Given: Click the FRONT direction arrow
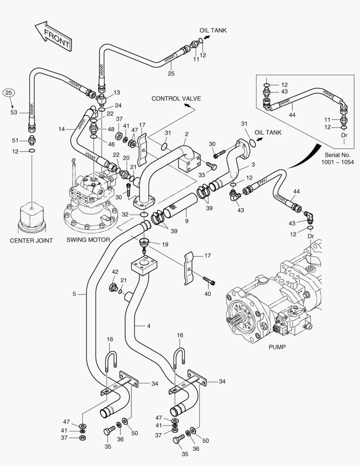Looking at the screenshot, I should click(x=53, y=36).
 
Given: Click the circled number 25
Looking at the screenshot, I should click(x=9, y=92).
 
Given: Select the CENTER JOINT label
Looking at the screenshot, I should click(x=31, y=240).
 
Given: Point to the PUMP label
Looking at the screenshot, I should click(x=277, y=346).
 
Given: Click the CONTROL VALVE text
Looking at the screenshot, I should click(x=176, y=99).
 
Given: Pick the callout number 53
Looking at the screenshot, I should click(x=13, y=113).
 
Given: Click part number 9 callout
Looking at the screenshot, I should click(x=186, y=221).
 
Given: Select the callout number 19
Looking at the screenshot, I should click(x=165, y=244).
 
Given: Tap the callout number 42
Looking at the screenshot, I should click(x=115, y=272).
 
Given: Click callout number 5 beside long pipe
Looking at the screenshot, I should click(x=74, y=294).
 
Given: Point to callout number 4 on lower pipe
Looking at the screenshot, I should click(x=148, y=326).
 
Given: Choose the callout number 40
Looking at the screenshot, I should click(x=207, y=294).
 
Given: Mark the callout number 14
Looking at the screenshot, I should click(x=62, y=129).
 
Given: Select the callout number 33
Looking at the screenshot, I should click(x=201, y=175).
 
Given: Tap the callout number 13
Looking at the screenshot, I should click(x=117, y=93).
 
